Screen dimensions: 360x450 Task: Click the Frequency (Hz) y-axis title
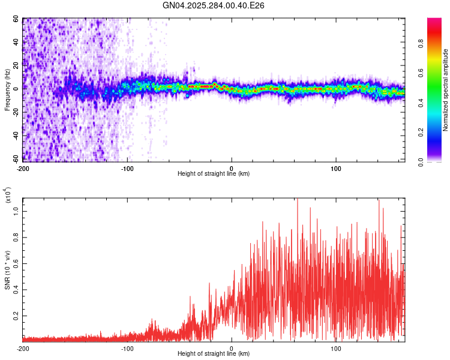pos(7,89)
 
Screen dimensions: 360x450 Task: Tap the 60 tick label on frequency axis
pos(16,19)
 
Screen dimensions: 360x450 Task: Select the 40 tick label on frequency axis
pos(16,42)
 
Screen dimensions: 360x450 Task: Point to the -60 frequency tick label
pos(15,160)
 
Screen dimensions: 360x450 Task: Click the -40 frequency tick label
pos(15,136)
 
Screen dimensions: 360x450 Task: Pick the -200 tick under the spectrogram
pos(23,168)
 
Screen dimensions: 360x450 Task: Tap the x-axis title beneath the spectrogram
pos(214,174)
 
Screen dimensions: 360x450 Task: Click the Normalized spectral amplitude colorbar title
pos(446,90)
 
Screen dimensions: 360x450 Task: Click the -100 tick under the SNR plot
pos(127,348)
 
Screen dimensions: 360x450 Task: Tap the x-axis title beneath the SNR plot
pos(214,354)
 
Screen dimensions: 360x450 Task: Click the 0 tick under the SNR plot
pos(232,348)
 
